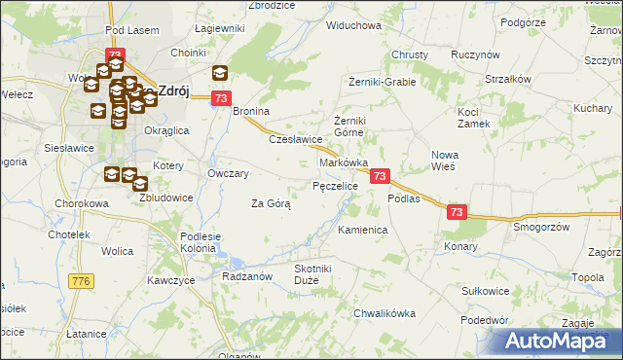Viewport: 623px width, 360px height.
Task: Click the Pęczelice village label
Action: pos(335,185)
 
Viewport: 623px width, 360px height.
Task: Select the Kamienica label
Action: pos(363,231)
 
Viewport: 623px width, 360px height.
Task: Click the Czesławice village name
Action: pos(296,139)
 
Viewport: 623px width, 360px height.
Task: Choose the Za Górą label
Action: pos(271,203)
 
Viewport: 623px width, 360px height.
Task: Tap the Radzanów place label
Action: pos(246,275)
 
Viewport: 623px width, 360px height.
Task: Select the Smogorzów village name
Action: pos(541,226)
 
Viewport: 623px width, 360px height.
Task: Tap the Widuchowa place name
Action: pos(353,25)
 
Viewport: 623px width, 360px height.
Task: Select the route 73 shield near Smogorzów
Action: pos(458,211)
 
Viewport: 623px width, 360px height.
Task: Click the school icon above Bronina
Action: pos(220,72)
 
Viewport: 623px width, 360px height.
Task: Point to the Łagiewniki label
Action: pos(219,29)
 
